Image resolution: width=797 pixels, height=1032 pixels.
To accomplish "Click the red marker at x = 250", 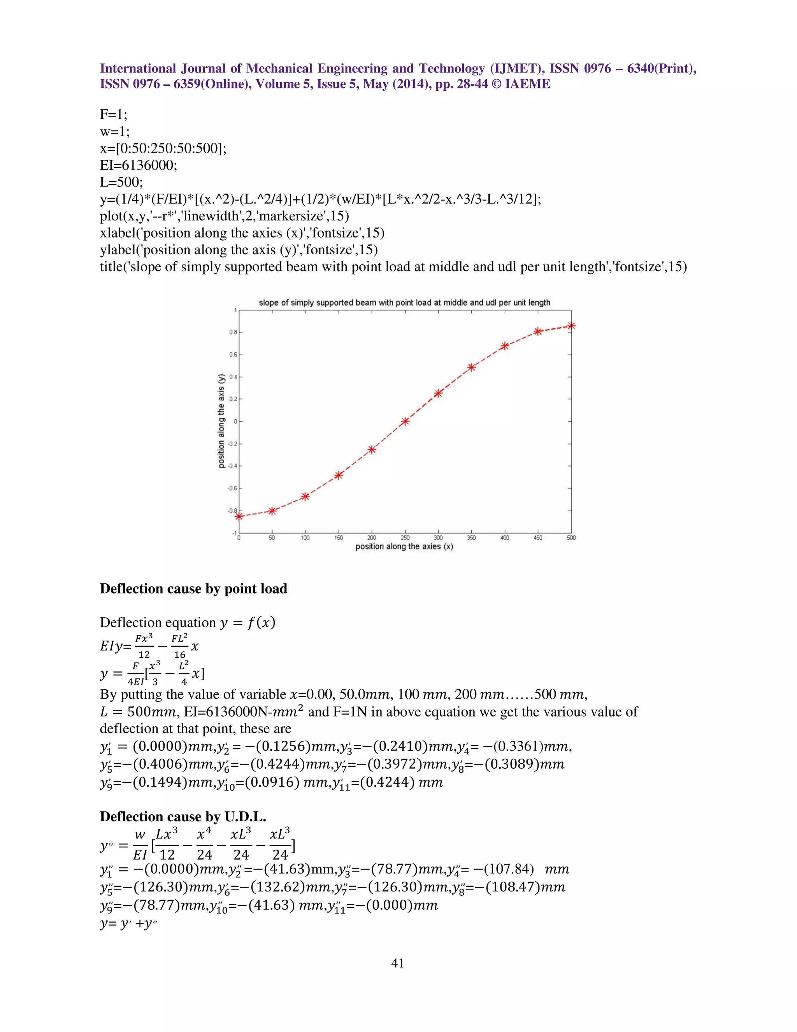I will pos(405,421).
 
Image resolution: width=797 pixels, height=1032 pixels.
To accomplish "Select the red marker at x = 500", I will pos(571,326).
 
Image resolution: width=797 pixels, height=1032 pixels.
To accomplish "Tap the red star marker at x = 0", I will pos(239,516).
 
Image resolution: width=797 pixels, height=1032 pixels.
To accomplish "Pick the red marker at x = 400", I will pos(505,346).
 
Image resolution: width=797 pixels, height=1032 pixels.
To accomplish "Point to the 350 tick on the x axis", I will pos(471,538).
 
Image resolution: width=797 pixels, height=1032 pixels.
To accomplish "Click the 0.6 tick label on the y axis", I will pos(233,355).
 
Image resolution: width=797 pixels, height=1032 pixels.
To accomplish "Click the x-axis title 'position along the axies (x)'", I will pos(404,547).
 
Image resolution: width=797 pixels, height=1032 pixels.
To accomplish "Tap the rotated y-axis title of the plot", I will pos(221,421).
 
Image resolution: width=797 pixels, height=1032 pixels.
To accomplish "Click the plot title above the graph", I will pos(405,303).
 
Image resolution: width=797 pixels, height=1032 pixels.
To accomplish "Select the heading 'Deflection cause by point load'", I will pos(193,589).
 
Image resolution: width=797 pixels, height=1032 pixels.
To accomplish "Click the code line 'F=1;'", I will pos(113,114).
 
